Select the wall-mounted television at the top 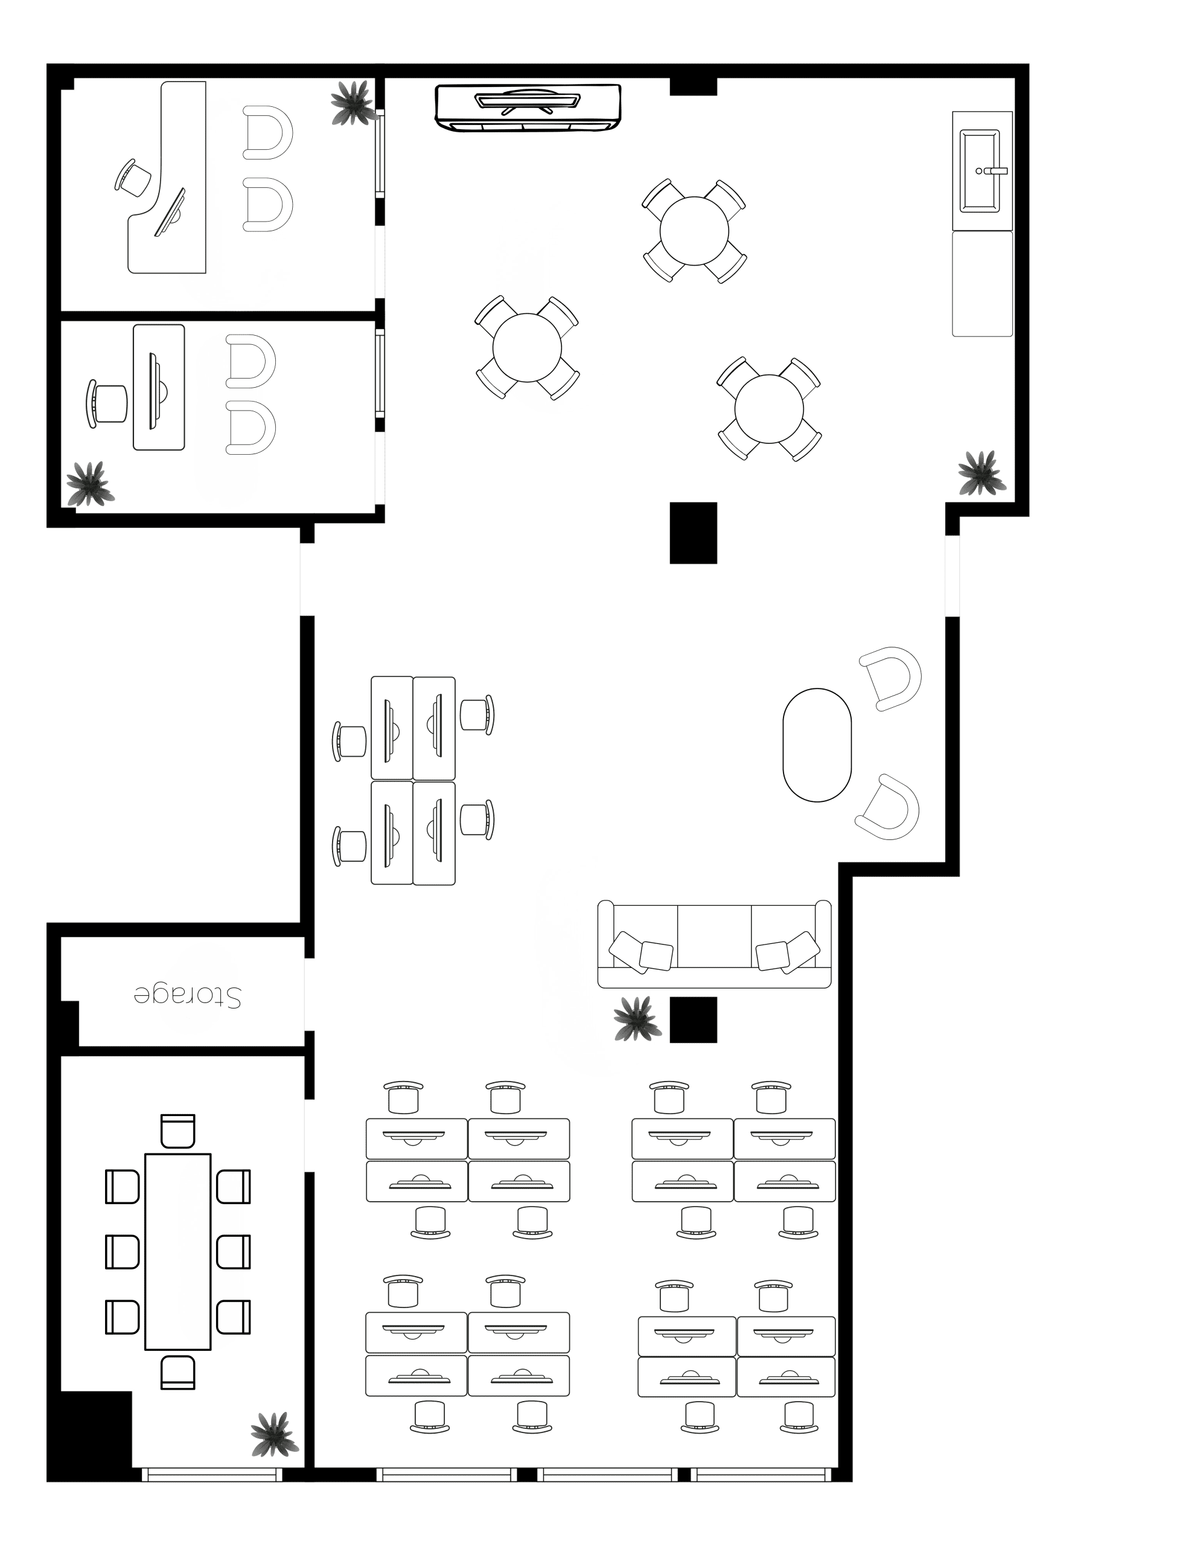click(528, 107)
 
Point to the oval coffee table click(817, 745)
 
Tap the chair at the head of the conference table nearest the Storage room click(177, 1131)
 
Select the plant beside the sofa click(637, 1019)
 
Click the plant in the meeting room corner click(275, 1434)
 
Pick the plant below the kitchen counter click(982, 473)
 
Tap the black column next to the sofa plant click(693, 1019)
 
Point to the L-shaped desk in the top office click(167, 178)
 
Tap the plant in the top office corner click(352, 103)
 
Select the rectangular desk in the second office click(159, 387)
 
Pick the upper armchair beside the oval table click(892, 678)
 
